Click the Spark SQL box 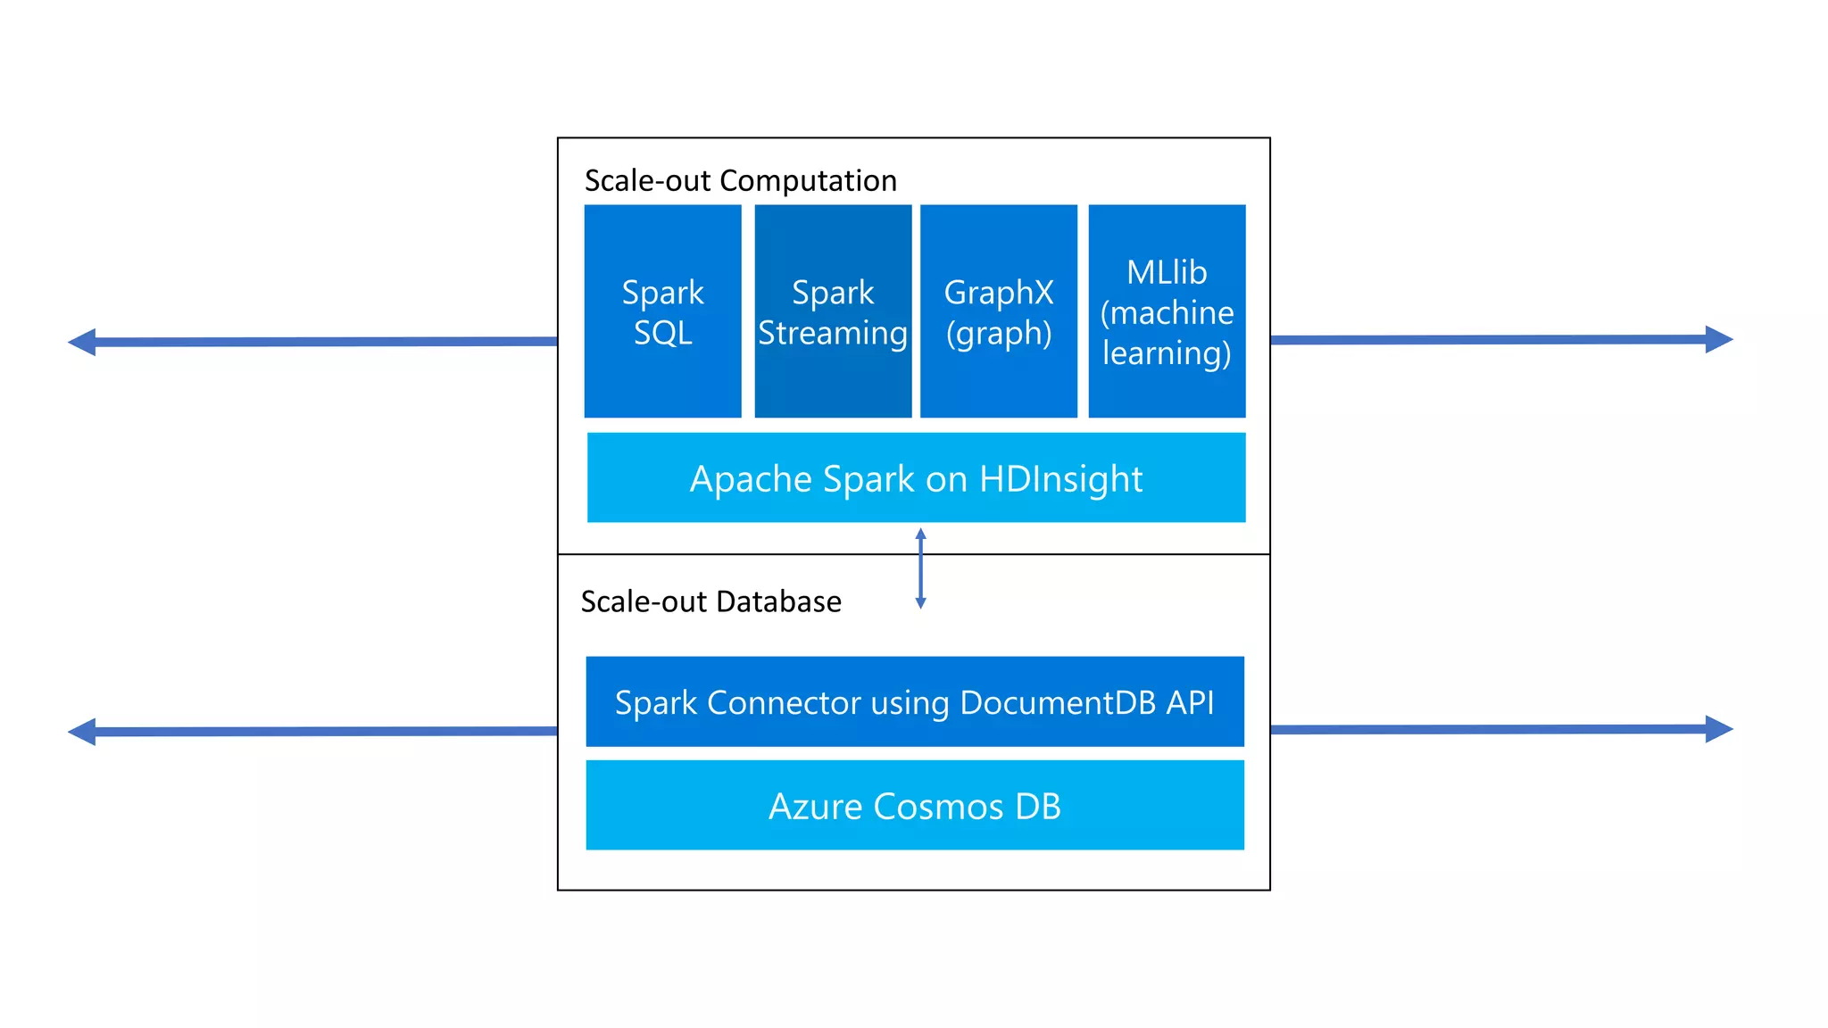(662, 311)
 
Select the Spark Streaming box (833, 311)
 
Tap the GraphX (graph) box (998, 311)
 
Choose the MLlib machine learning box (1167, 311)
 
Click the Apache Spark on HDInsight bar (916, 478)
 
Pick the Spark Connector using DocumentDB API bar (915, 702)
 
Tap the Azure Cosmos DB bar (915, 806)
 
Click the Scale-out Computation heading (740, 181)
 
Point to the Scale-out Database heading (710, 601)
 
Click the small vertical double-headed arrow (921, 568)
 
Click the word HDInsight (1060, 479)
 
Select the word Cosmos (937, 807)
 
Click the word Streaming (833, 334)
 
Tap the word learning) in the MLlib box (1167, 353)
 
